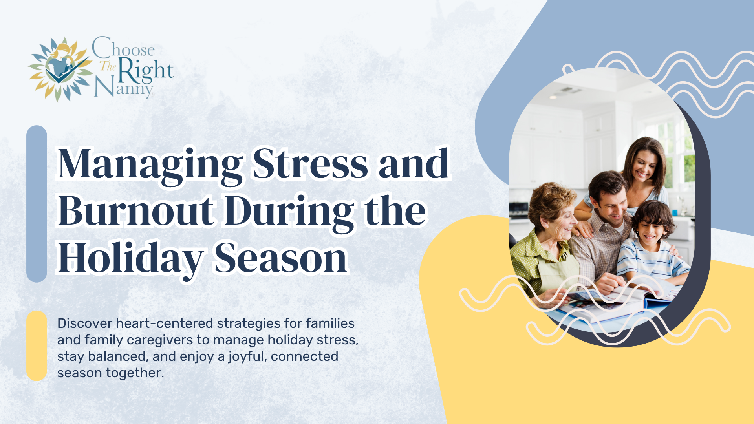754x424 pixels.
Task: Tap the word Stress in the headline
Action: (310, 163)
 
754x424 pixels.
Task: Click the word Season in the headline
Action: (281, 258)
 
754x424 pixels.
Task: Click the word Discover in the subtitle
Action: (85, 323)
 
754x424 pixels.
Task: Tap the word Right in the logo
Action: (146, 71)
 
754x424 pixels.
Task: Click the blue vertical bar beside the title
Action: (37, 204)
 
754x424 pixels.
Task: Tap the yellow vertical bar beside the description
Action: (37, 345)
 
